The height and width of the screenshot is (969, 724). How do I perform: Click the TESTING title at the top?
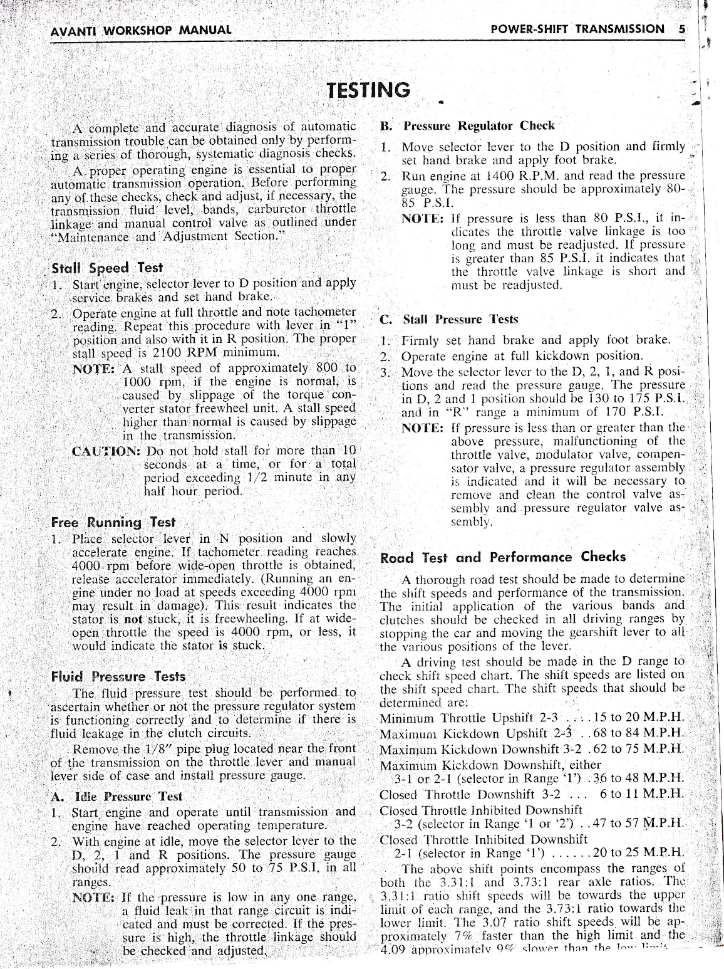point(368,90)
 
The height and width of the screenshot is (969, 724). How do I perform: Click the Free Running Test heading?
point(113,522)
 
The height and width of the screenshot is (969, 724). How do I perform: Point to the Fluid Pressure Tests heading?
point(118,677)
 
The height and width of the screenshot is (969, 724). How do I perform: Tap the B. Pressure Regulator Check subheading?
point(467,126)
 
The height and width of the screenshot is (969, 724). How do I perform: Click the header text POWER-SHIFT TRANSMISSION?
point(578,29)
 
